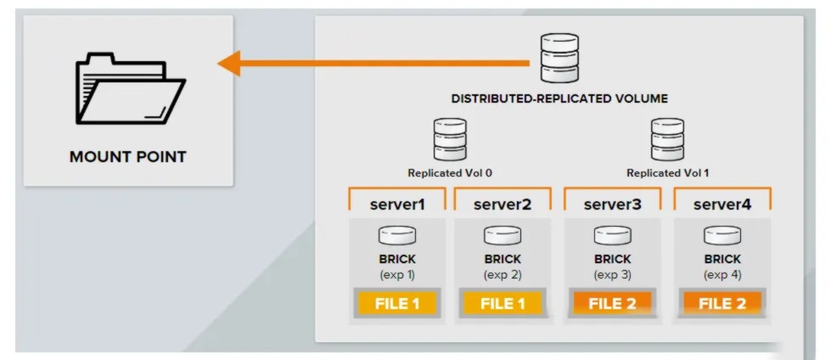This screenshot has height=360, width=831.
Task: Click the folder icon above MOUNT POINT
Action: [x=131, y=88]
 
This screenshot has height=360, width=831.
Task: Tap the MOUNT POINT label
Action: [x=127, y=157]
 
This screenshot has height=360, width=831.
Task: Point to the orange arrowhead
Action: [x=229, y=64]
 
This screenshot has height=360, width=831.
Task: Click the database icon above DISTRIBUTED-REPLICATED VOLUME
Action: [x=559, y=59]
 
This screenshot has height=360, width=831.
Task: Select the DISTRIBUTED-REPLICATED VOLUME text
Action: [x=559, y=98]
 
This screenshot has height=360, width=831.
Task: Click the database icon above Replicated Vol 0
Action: [x=450, y=139]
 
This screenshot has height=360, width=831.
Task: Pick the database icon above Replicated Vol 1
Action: [x=667, y=139]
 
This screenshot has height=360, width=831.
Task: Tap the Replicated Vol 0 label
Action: [x=450, y=173]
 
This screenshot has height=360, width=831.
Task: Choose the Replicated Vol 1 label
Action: [x=668, y=173]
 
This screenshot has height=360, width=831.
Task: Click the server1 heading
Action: [x=397, y=204]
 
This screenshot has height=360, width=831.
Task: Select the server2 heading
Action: [x=503, y=204]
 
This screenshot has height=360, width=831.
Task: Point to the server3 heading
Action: [x=612, y=204]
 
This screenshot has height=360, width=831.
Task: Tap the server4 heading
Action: [x=722, y=204]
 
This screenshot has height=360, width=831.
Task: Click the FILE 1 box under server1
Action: [x=397, y=304]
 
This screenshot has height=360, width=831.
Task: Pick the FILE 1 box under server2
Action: [x=503, y=304]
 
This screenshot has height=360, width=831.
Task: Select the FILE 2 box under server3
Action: [x=613, y=304]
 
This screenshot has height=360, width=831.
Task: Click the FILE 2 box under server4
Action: [x=722, y=304]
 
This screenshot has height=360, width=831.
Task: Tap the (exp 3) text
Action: [x=613, y=275]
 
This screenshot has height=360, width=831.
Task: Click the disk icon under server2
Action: [x=503, y=235]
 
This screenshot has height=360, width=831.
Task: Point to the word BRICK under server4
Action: [x=722, y=260]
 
